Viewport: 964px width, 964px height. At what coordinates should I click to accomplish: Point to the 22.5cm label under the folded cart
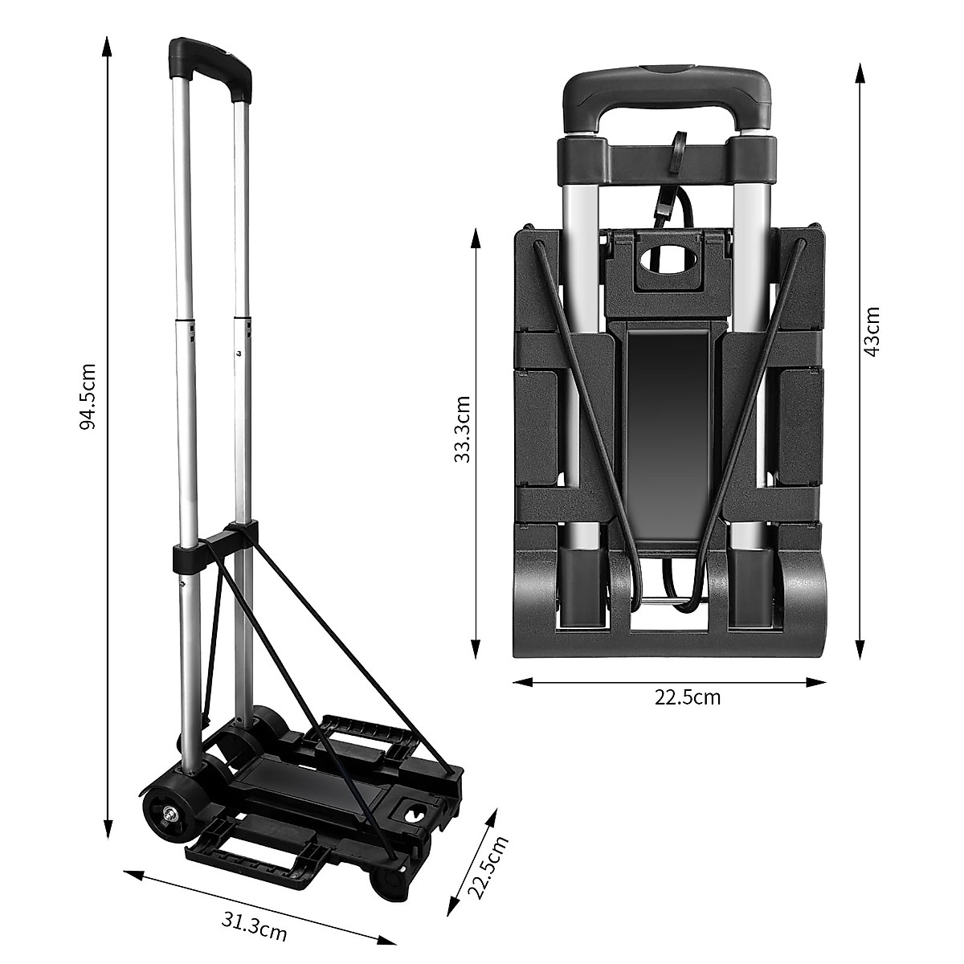click(688, 697)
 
